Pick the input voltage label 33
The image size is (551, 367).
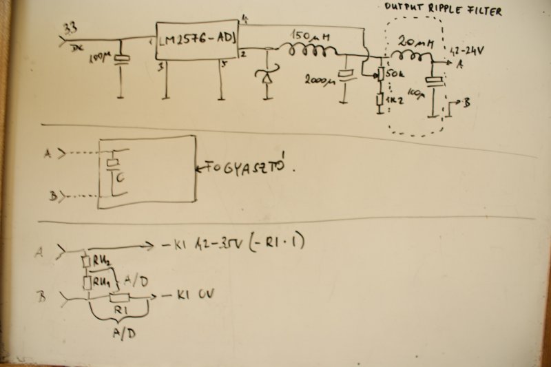click(70, 28)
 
